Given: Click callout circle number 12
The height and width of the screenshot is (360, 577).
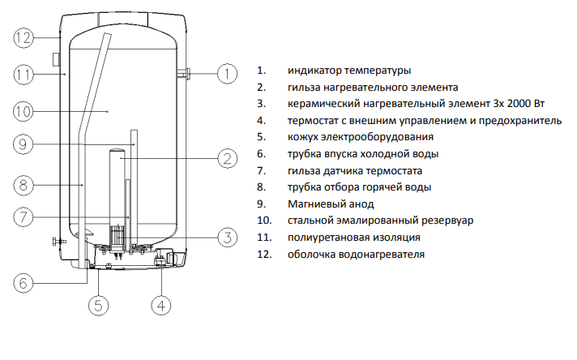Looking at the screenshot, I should click(24, 37).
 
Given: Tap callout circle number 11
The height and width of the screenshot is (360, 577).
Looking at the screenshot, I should click(24, 74).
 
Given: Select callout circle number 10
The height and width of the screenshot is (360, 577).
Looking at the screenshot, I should click(24, 110).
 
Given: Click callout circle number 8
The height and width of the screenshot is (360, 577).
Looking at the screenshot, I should click(24, 185).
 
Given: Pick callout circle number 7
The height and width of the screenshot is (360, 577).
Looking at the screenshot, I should click(24, 217).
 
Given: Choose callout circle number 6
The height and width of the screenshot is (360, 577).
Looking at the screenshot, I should click(24, 283).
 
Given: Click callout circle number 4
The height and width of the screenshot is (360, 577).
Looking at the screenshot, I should click(162, 306).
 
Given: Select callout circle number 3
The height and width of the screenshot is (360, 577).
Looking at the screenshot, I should click(228, 237).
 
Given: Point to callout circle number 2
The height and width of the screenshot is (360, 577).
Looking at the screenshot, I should click(228, 157).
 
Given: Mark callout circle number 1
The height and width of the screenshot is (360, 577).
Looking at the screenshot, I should click(228, 74).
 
